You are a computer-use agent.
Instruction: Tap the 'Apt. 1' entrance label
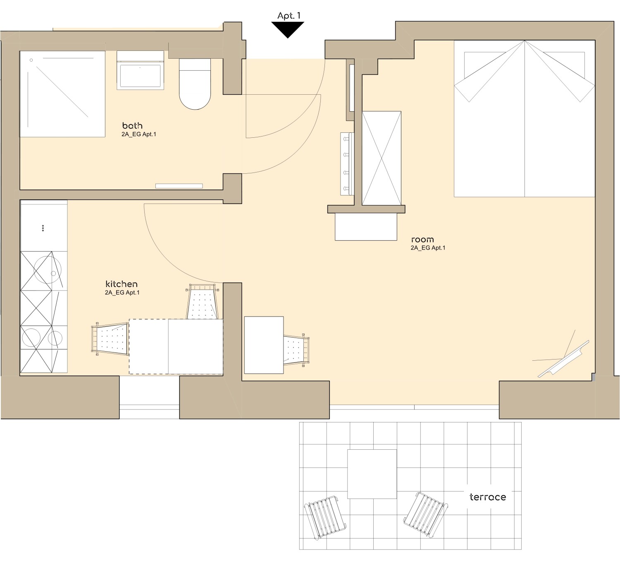point(289,16)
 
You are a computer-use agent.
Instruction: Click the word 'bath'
point(132,126)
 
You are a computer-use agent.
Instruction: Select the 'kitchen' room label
point(122,284)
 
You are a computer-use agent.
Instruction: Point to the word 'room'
point(422,240)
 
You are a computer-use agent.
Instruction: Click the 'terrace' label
point(488,497)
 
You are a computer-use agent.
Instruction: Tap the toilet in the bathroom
point(195,84)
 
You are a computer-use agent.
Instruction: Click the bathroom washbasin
point(140,70)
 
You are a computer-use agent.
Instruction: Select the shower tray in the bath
point(62,94)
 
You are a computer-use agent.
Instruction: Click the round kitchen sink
point(48,269)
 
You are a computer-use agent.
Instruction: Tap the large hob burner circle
point(31,338)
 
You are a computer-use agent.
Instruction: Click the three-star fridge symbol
point(43,228)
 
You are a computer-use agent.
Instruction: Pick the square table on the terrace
point(372,474)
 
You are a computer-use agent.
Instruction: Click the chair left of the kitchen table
point(110,339)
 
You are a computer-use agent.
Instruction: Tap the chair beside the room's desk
point(296,350)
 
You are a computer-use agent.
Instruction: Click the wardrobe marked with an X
point(382,158)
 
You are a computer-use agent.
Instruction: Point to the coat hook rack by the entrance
point(347,164)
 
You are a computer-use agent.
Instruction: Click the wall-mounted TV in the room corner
point(563,359)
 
